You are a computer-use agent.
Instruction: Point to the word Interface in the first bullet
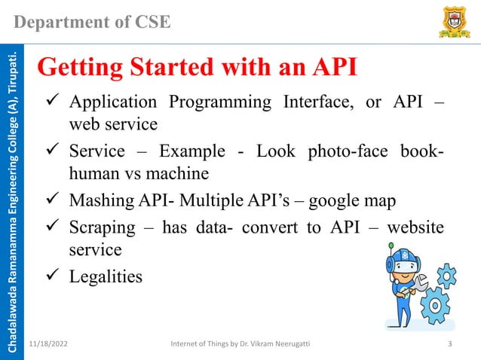[317, 102]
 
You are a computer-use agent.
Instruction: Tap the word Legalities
[106, 276]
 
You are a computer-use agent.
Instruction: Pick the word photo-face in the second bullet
[348, 150]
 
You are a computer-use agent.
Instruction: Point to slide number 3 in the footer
[449, 344]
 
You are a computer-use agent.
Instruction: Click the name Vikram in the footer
[274, 344]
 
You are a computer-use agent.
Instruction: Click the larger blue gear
[435, 306]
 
